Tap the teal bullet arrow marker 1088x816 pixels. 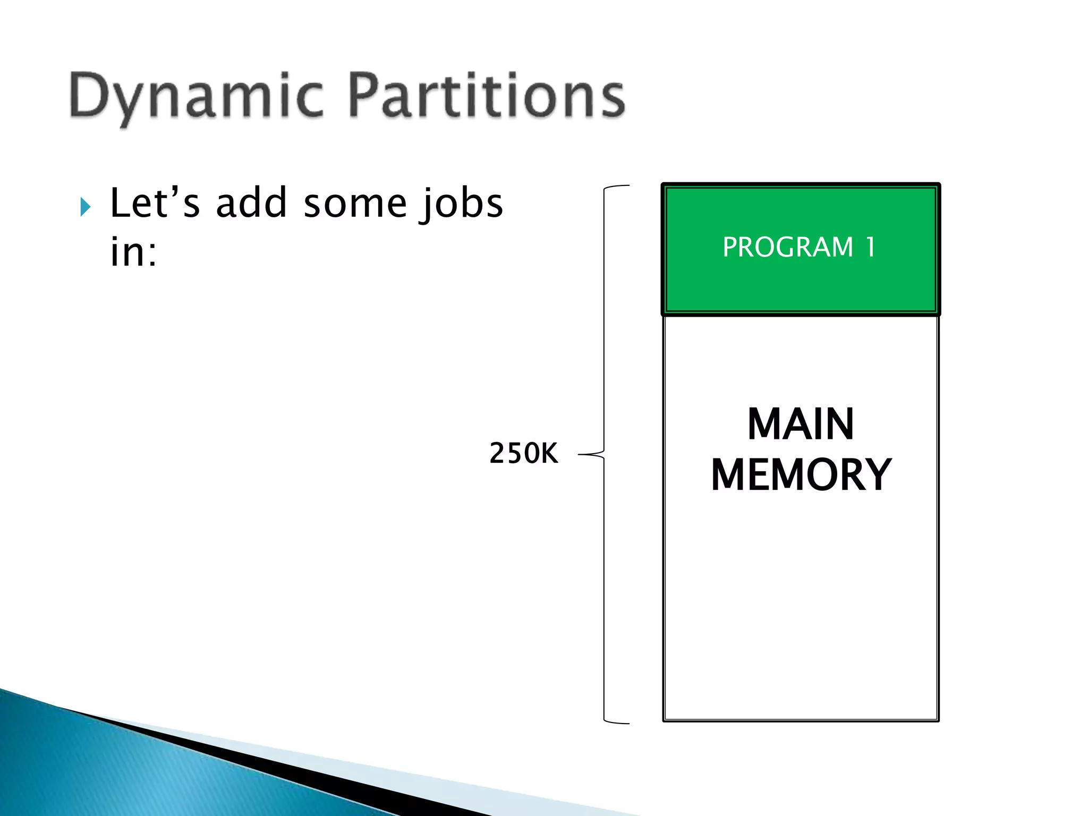tap(85, 207)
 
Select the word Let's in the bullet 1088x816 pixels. tap(155, 203)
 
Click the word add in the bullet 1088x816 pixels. tap(251, 203)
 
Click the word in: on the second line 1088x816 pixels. tap(133, 252)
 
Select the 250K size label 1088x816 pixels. tap(523, 454)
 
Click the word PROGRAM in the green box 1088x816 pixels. tap(787, 247)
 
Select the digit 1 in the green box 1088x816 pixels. tap(870, 247)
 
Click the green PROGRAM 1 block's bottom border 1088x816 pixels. tap(801, 313)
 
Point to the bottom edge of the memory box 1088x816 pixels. tap(801, 720)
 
